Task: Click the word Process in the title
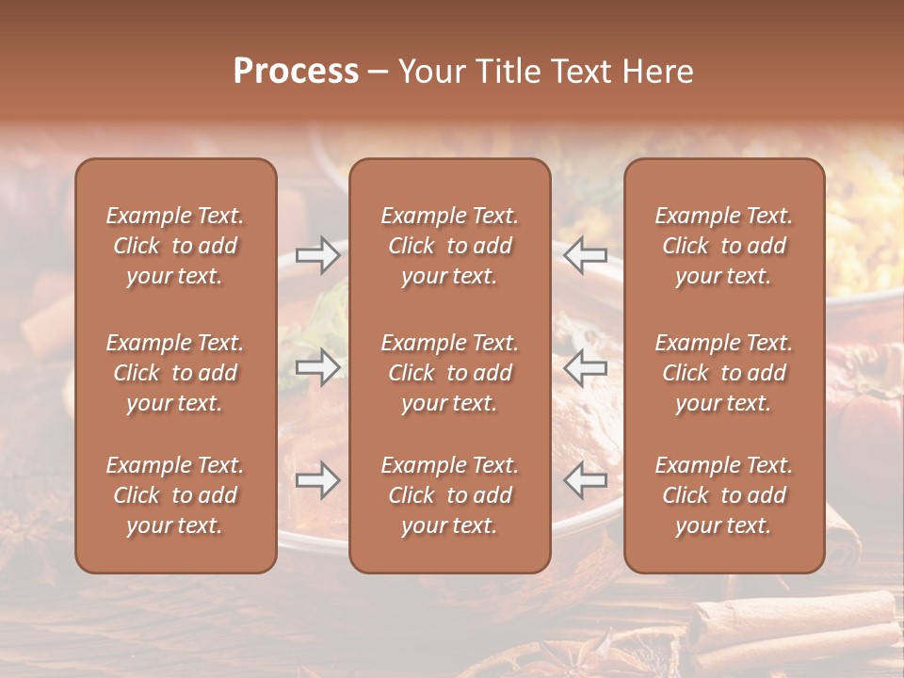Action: coord(296,72)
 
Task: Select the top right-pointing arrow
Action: coord(318,255)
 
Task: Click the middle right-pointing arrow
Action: coord(318,367)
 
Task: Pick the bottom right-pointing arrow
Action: coord(318,480)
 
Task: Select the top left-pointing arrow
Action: coord(586,255)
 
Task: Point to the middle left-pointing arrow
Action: coord(586,367)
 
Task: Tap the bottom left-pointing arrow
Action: coord(586,480)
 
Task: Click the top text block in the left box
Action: coord(175,246)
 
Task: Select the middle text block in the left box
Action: coord(175,373)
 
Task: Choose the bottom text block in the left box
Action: coord(175,495)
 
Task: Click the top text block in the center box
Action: coord(450,246)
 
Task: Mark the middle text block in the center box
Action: coord(450,373)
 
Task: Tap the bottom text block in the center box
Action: coord(450,495)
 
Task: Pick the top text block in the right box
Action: coord(724,246)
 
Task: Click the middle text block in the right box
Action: coord(724,373)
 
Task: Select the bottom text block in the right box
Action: coord(724,495)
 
